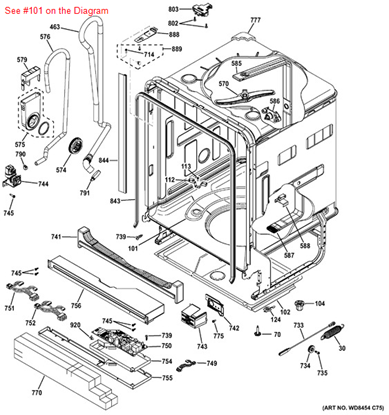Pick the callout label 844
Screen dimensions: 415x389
(x=104, y=159)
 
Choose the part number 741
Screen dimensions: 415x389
(x=56, y=237)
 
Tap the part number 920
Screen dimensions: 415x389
(x=74, y=325)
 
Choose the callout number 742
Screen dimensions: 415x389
(x=233, y=328)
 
